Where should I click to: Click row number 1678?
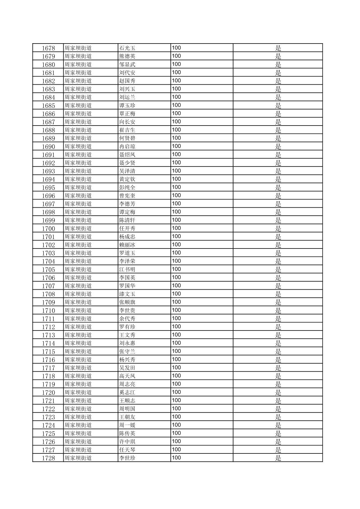[48, 48]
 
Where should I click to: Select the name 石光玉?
[127, 48]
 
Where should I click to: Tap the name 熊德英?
[127, 56]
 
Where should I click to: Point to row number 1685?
[48, 105]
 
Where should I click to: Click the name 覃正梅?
[127, 114]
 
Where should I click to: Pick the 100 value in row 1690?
[176, 146]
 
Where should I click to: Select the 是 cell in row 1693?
[278, 171]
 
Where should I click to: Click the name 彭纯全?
[127, 188]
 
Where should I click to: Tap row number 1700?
[48, 229]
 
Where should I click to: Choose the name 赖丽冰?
[127, 245]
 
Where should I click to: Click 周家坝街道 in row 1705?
[78, 270]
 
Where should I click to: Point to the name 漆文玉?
[127, 294]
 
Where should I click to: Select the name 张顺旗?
[127, 302]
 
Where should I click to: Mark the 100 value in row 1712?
[176, 327]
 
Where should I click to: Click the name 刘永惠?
[127, 343]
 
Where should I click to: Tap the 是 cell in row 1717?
[278, 368]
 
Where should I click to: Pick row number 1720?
[48, 392]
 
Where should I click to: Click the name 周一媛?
[127, 425]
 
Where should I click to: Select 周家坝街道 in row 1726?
[78, 442]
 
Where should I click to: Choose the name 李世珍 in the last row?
[127, 458]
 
